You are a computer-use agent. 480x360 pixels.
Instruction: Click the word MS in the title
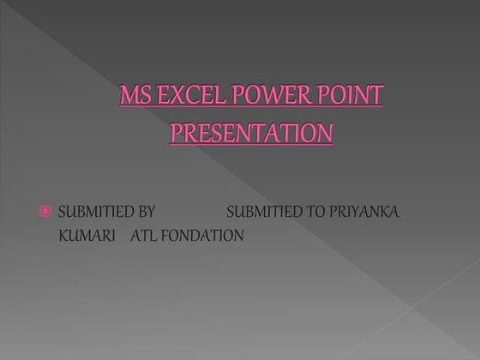point(134,94)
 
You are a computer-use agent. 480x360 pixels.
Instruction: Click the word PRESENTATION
point(250,134)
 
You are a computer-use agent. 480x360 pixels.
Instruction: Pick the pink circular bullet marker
point(46,212)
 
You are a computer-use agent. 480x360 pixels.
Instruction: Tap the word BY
point(144,212)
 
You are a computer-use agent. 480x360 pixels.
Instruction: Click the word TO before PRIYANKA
point(315,212)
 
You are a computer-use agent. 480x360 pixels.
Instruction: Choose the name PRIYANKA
point(363,212)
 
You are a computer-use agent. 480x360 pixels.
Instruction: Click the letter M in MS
point(129,94)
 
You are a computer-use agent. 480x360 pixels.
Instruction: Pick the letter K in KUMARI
point(61,236)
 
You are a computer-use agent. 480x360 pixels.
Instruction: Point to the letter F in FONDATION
point(165,236)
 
